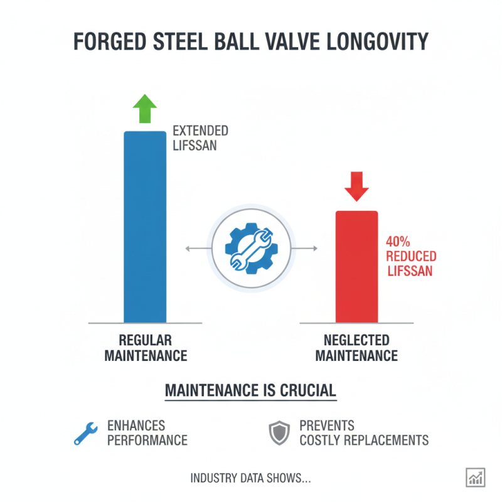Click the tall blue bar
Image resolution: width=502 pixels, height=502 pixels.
point(145,226)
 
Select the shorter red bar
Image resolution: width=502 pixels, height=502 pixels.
point(356,267)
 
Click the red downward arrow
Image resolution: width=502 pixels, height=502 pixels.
point(356,186)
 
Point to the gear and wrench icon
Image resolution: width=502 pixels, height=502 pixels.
point(250,248)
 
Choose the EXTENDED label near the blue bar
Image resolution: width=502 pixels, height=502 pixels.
point(200,131)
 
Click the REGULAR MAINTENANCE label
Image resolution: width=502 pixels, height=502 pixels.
point(145,348)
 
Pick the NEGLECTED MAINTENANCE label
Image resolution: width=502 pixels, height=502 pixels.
point(356,348)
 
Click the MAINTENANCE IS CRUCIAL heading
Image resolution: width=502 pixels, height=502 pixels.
point(250,390)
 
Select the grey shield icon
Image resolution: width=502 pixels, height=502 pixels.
point(279,432)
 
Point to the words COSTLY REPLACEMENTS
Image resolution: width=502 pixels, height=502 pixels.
point(364,440)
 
